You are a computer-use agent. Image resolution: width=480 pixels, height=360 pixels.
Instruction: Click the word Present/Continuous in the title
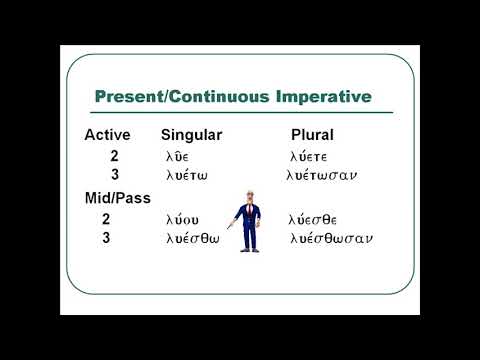[183, 97]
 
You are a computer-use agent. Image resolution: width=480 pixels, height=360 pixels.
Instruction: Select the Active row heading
[107, 134]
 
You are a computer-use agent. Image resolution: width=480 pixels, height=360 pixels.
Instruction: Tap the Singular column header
[191, 134]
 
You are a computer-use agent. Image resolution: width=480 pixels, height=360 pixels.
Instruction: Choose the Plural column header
[312, 134]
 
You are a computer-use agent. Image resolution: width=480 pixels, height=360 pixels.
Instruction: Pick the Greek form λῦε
[177, 156]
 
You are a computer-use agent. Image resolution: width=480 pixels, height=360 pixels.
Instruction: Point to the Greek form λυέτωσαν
[321, 175]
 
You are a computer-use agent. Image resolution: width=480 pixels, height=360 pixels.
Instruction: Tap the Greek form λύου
[182, 219]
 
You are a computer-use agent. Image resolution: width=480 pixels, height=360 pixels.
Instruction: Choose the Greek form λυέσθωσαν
[330, 238]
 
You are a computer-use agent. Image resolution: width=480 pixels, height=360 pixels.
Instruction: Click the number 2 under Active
[115, 156]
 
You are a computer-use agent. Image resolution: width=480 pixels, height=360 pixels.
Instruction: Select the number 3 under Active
[115, 175]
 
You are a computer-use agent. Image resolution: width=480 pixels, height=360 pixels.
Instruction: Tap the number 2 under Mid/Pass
[106, 219]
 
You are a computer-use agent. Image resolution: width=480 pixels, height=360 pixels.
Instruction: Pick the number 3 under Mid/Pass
[106, 238]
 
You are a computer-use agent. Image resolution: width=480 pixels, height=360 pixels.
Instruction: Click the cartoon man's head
[244, 198]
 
